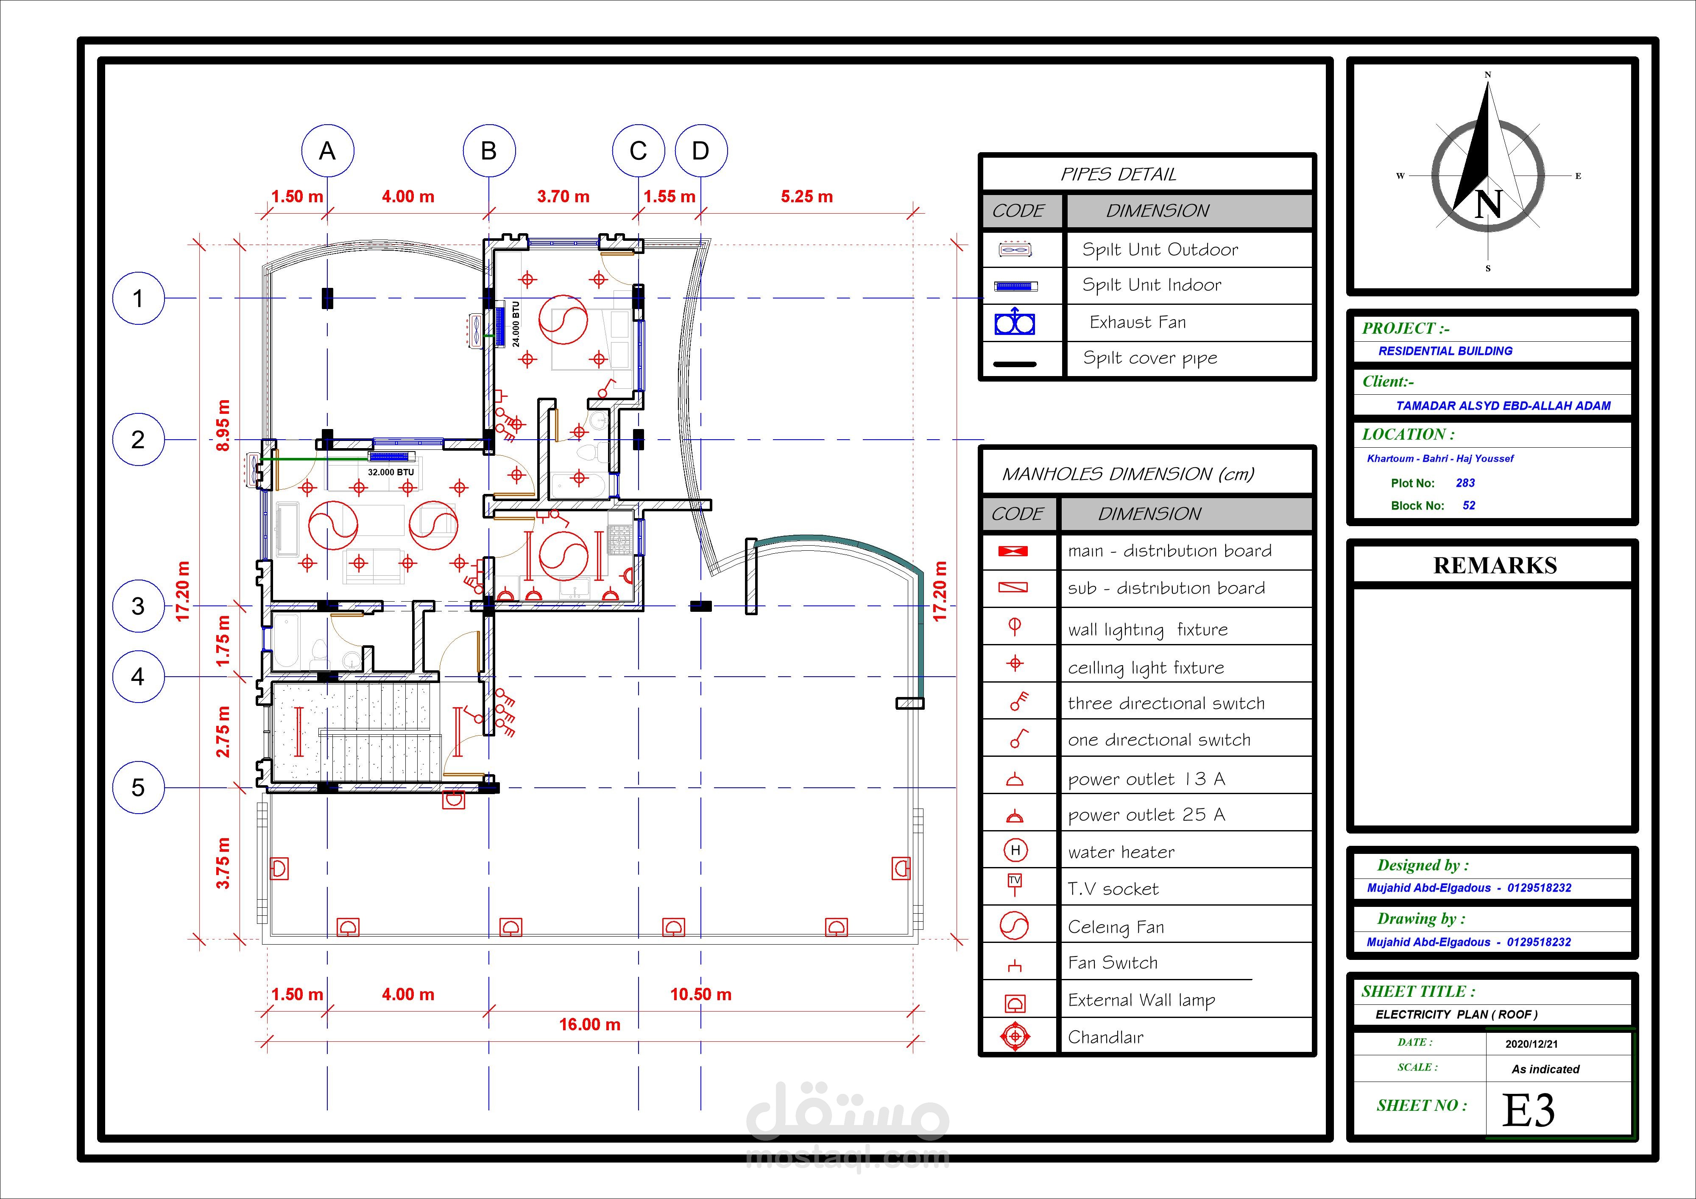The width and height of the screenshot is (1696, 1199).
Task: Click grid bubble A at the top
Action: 327,151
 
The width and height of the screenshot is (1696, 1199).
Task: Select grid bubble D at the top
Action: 701,151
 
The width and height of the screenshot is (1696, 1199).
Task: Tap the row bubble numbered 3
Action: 138,606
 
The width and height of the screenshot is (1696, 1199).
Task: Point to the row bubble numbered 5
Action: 138,787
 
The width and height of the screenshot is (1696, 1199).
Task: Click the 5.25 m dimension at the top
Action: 806,196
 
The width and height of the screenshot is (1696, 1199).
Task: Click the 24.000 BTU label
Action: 516,323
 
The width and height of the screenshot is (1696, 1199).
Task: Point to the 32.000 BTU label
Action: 391,472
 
